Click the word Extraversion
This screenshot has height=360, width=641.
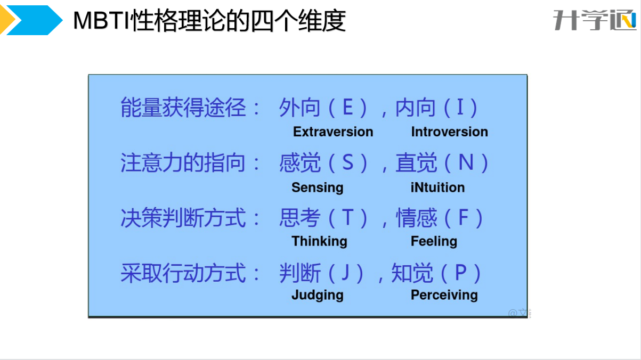(x=333, y=132)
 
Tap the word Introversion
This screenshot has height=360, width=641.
(x=450, y=132)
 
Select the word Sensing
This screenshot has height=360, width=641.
(x=318, y=188)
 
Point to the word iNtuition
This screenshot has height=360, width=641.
(x=437, y=187)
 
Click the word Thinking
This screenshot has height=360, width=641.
(x=319, y=241)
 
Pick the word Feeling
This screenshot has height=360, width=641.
(x=434, y=241)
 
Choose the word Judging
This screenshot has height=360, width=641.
(x=318, y=296)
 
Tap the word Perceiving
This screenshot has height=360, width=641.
(x=444, y=296)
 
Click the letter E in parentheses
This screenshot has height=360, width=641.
(x=348, y=107)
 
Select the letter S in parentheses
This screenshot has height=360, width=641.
(x=348, y=162)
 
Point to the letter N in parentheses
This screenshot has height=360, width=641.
(x=466, y=162)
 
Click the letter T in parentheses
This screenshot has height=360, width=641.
(x=348, y=217)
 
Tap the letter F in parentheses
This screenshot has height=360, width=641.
(x=464, y=217)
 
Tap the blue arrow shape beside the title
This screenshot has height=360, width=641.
(x=34, y=20)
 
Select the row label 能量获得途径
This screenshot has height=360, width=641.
(x=183, y=108)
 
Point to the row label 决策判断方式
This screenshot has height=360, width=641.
(x=183, y=218)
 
